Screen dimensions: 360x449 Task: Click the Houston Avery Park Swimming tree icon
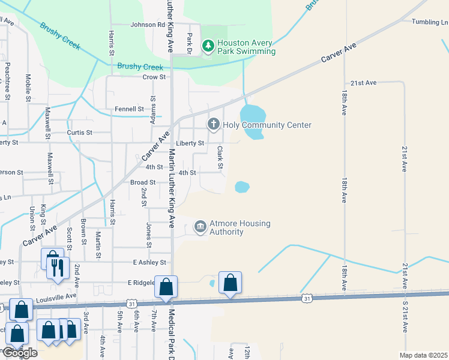208,46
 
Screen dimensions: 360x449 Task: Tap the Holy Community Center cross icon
213,125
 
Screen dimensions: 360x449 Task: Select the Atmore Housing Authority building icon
200,227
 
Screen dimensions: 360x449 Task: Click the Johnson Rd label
148,25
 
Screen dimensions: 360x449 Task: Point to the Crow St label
154,77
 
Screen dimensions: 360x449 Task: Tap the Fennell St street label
130,109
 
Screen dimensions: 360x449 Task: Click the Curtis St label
80,132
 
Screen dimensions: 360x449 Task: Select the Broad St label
143,182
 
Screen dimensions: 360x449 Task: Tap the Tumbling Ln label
430,22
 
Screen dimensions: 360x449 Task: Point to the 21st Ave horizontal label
363,83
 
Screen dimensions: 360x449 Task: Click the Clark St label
220,157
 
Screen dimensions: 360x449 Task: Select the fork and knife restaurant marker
58,267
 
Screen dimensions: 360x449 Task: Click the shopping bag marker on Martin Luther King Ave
166,287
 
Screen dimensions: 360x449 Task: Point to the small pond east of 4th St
241,187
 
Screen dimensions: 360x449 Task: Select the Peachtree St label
8,80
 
